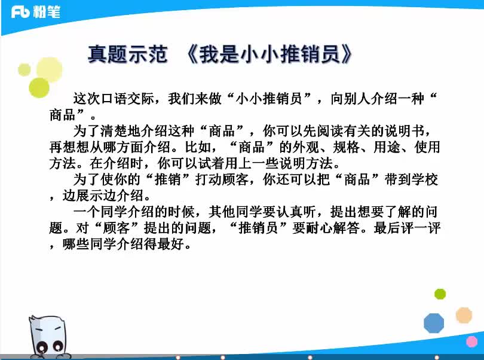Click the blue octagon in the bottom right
click(434, 323)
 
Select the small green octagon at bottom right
click(440, 294)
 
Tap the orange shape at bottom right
click(464, 315)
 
